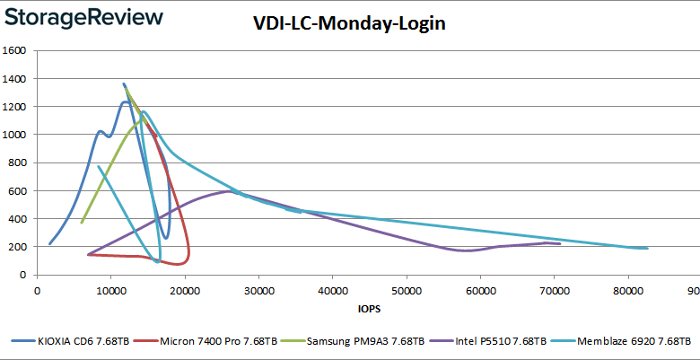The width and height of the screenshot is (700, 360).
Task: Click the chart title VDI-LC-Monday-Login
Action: pos(349,23)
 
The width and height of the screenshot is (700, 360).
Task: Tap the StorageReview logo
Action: pos(87,17)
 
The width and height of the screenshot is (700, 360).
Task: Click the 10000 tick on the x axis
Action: pos(110,291)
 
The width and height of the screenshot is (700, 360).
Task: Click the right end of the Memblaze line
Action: pos(647,249)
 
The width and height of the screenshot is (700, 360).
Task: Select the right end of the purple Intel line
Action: pos(560,243)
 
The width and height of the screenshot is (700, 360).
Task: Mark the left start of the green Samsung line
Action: pos(82,223)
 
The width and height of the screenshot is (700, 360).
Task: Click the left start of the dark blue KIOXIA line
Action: pos(49,244)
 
